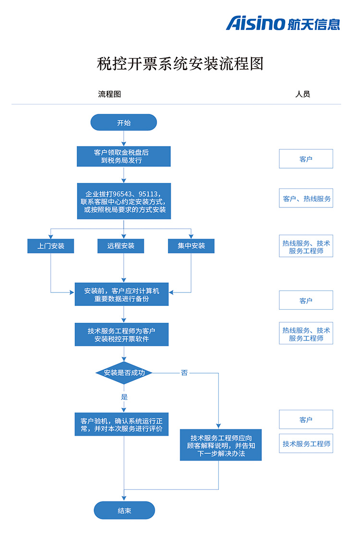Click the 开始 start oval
tap(124, 122)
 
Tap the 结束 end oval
tap(124, 511)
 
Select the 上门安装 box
tap(51, 246)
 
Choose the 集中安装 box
tap(191, 246)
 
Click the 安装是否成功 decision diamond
tap(124, 373)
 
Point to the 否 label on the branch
tap(184, 373)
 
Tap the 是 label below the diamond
tap(124, 397)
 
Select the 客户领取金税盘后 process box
tap(124, 157)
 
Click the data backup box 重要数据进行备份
tap(121, 294)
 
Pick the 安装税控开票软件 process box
tap(121, 334)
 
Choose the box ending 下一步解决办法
tap(221, 445)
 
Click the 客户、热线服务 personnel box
tap(306, 198)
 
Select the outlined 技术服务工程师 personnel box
tap(306, 444)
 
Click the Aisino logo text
tap(255, 23)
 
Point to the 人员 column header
tap(302, 94)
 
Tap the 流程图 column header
tap(109, 94)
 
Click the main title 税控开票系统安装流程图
tap(180, 63)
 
